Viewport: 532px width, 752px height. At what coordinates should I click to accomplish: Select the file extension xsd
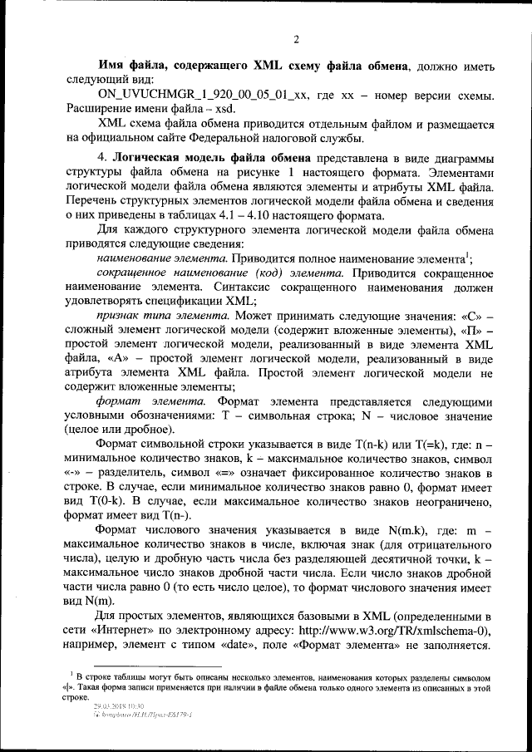coord(225,111)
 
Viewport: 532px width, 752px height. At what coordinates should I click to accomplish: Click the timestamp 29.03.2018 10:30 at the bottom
coord(120,705)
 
